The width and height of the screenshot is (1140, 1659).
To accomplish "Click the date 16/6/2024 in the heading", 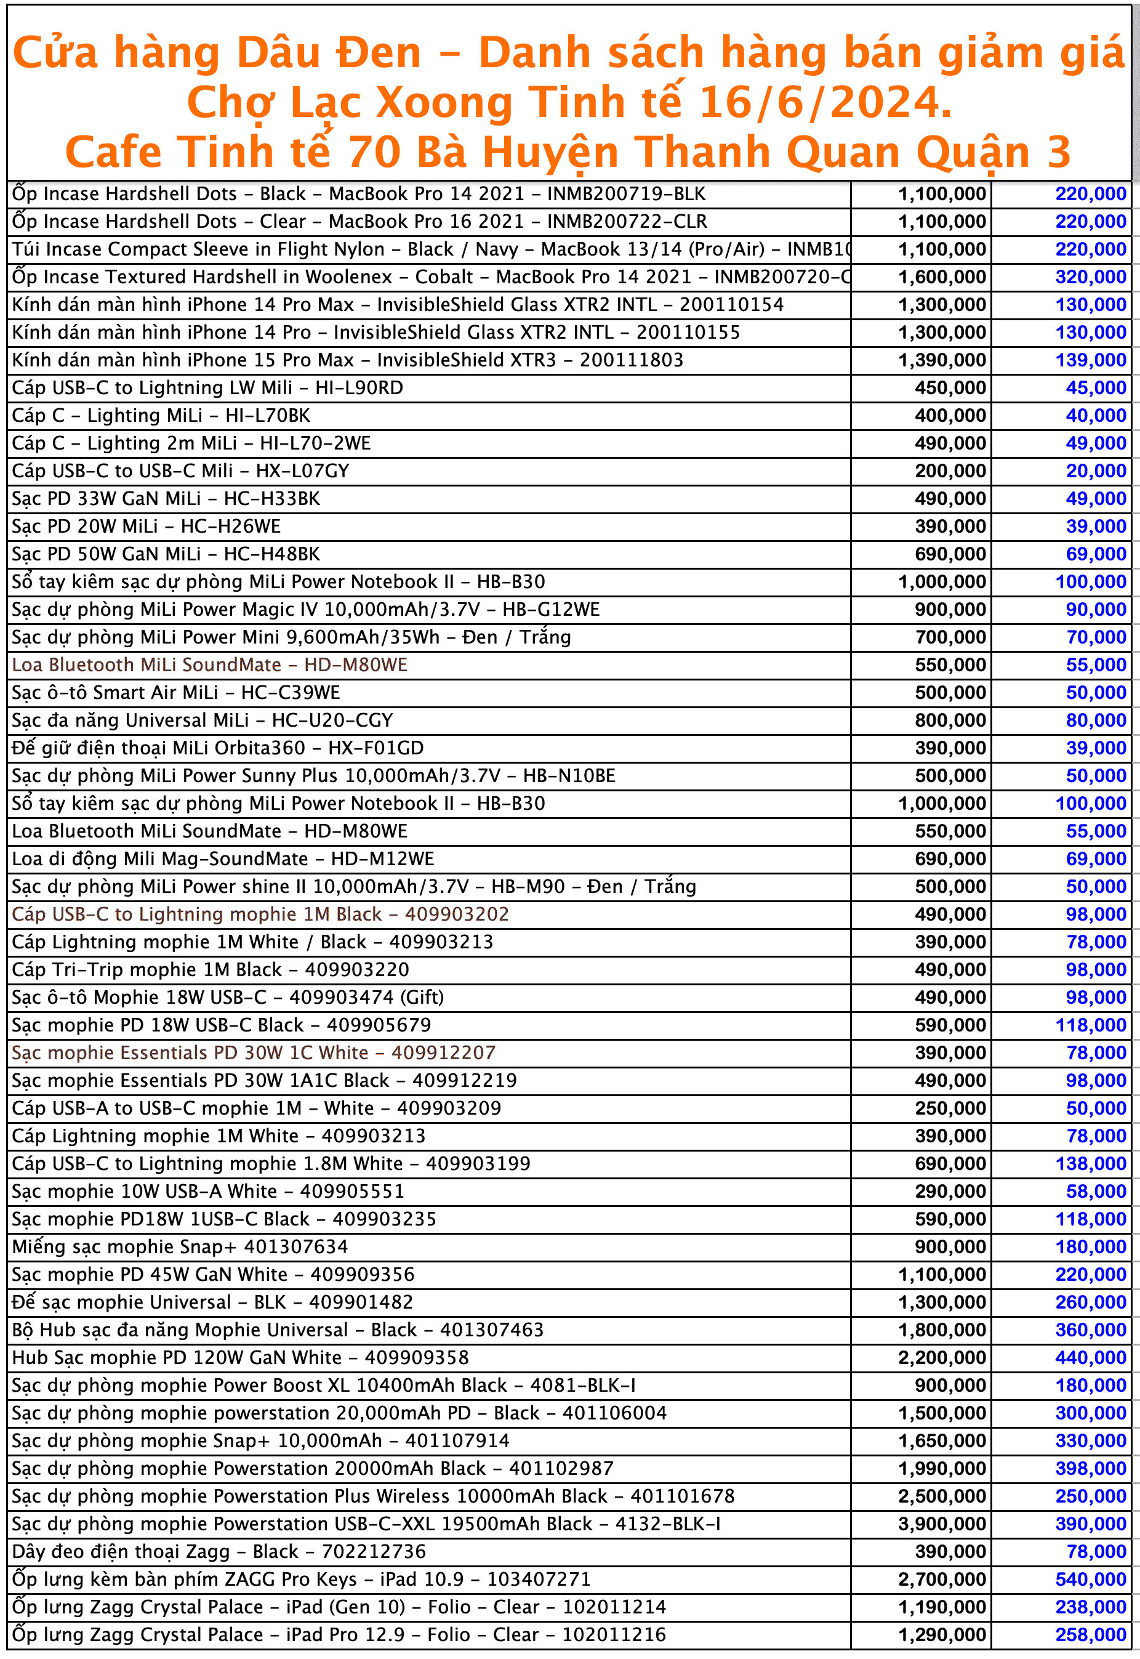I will [824, 102].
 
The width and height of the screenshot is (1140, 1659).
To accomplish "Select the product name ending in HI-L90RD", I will [207, 388].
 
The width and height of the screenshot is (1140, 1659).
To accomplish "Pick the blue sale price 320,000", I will [1090, 277].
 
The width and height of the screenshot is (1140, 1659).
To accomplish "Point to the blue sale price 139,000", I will [1090, 360].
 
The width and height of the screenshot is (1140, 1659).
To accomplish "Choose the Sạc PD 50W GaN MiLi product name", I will [166, 554].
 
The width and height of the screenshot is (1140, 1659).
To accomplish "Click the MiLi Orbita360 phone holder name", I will [218, 748].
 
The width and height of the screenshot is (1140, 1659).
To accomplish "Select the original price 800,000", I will [950, 720].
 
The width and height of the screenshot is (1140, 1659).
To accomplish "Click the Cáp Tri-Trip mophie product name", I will [211, 969].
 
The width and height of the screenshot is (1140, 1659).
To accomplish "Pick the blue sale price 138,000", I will [1090, 1164].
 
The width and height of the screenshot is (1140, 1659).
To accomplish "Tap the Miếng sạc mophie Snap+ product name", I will [180, 1247].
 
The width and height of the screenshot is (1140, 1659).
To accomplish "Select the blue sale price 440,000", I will [1090, 1357].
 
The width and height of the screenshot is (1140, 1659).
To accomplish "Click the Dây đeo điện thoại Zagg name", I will [219, 1552].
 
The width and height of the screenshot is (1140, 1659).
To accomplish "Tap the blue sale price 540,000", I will [1090, 1580].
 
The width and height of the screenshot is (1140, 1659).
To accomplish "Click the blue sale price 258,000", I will [1090, 1635].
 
